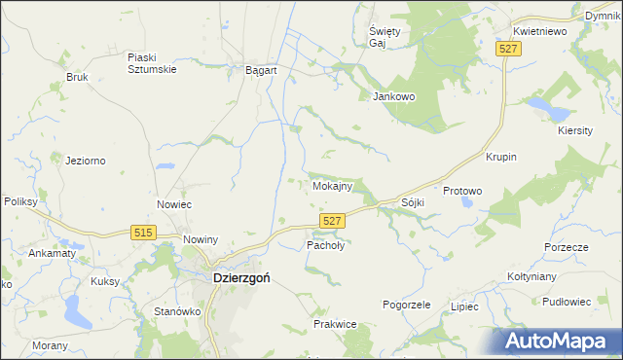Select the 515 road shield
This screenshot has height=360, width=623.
coord(144,232)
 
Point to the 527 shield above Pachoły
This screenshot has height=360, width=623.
coord(332,222)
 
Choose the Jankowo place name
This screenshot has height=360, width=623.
coord(394,96)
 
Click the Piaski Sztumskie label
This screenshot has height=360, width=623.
coord(151,62)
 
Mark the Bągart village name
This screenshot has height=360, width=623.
coord(262,71)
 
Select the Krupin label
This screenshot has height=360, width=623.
coord(500,157)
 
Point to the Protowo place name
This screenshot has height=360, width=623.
coord(462,191)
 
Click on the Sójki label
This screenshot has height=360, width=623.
coord(414,202)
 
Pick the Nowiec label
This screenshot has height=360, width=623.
coord(174,204)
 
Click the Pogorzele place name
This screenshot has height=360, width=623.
coord(407,305)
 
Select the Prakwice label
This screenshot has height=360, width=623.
coord(335,323)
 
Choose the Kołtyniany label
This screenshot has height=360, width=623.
coord(531,276)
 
